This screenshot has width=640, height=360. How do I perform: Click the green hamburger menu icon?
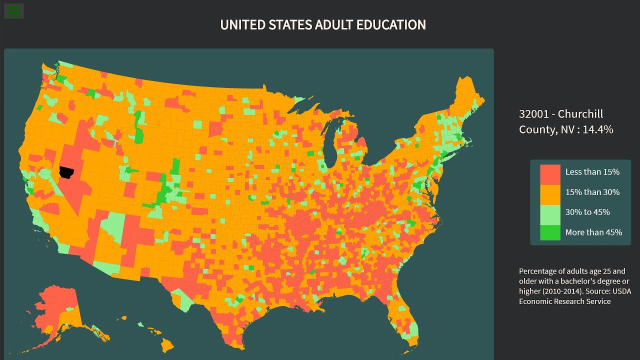(14, 11)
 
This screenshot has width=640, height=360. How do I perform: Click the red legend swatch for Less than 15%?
(550, 172)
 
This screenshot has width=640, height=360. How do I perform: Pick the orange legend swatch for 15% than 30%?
(550, 192)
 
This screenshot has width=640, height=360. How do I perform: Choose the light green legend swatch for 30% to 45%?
(550, 212)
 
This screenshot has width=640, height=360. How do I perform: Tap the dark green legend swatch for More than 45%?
(550, 232)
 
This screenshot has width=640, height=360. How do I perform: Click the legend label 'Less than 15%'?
(592, 172)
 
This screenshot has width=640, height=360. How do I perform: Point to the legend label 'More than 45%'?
(593, 232)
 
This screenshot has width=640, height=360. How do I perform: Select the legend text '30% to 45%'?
(587, 212)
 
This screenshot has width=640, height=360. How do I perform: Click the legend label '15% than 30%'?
(592, 192)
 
